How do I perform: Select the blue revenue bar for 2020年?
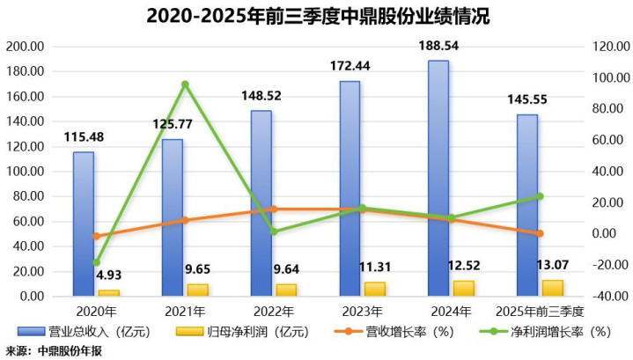click(x=83, y=224)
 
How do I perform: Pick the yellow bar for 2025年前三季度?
click(x=552, y=288)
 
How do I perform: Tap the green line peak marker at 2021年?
click(x=185, y=84)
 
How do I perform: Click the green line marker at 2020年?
click(x=96, y=262)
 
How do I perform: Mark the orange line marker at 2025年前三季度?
click(x=540, y=233)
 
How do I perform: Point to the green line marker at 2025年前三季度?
click(x=540, y=196)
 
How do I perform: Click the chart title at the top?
click(x=317, y=15)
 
